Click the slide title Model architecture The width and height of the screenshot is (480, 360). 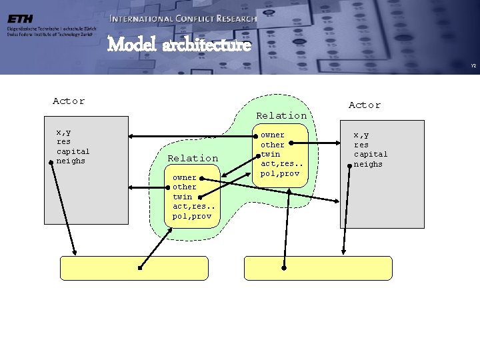[179, 45]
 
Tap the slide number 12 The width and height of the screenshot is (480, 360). [473, 65]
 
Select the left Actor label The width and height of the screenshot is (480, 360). [69, 101]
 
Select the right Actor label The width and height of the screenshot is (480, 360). [365, 105]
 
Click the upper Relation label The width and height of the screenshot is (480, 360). [282, 115]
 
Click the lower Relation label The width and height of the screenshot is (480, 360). [193, 158]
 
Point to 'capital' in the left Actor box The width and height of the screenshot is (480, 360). [73, 151]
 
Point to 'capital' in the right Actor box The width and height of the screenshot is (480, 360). [370, 154]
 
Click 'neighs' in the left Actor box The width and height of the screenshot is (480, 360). [71, 160]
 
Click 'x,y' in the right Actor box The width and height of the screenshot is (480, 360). [361, 135]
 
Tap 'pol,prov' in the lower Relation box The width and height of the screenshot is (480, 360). [191, 216]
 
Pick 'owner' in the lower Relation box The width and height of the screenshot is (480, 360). [185, 177]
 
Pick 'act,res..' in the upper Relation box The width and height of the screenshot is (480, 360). [280, 163]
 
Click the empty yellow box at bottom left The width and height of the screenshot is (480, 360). [134, 268]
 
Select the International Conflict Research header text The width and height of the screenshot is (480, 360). [183, 19]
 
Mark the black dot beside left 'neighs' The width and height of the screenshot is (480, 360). [51, 161]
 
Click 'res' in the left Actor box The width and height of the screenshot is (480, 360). [64, 141]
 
